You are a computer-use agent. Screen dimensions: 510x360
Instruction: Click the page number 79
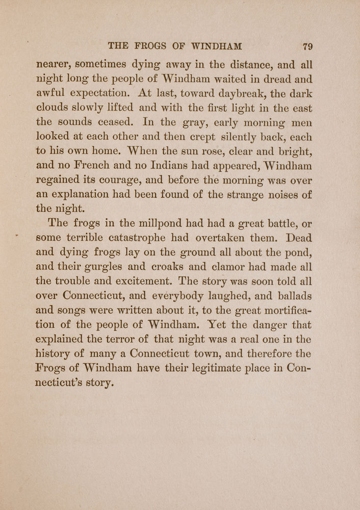[x=307, y=46]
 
